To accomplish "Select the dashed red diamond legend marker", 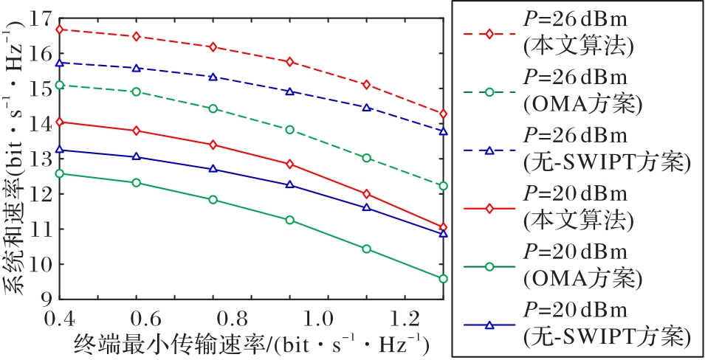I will (x=488, y=33).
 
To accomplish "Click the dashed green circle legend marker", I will (x=488, y=92).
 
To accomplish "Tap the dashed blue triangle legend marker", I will (x=488, y=150).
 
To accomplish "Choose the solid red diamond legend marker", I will (x=488, y=209).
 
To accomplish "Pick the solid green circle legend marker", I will (x=488, y=267).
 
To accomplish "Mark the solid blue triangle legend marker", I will (x=488, y=325).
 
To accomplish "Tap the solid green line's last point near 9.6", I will (x=443, y=279).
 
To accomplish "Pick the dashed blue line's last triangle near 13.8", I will (x=443, y=131).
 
